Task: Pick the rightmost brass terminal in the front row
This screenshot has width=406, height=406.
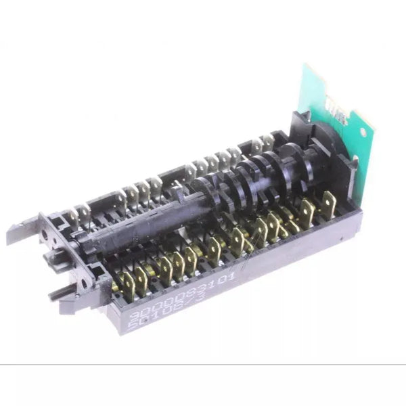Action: [330, 204]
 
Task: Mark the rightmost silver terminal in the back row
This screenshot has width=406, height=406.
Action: [268, 142]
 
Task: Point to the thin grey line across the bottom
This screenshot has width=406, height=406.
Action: [203, 365]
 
